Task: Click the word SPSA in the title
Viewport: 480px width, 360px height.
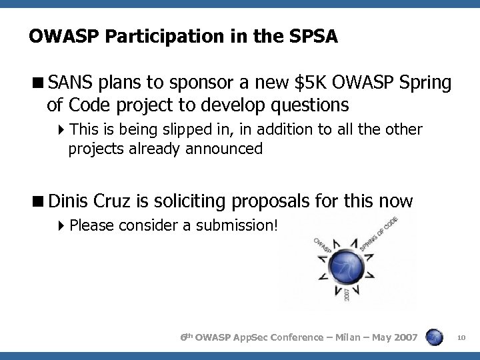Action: [314, 36]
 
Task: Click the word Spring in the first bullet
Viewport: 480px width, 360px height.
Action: [427, 84]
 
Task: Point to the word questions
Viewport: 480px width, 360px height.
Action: [307, 105]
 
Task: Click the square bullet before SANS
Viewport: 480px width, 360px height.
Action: [40, 84]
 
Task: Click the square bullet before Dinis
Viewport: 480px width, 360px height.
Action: [40, 200]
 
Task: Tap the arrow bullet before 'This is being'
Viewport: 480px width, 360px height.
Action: [61, 129]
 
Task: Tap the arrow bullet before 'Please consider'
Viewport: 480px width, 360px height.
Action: [61, 225]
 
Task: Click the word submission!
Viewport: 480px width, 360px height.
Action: [239, 225]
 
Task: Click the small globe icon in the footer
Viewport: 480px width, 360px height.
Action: [435, 337]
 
